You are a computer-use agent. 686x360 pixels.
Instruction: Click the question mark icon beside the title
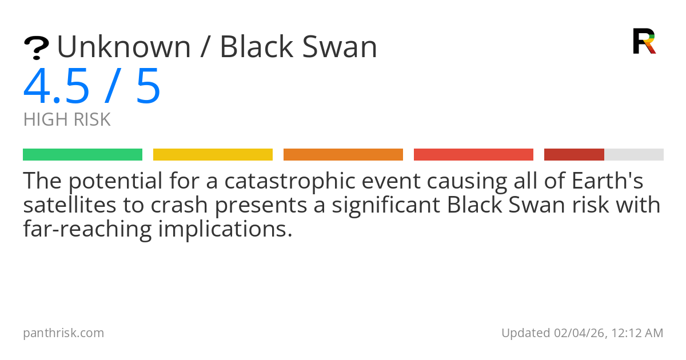(x=36, y=48)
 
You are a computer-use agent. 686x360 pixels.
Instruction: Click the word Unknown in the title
(x=123, y=47)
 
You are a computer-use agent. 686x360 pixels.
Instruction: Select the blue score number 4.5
(x=56, y=86)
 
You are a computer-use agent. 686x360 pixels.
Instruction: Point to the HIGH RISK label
(x=67, y=119)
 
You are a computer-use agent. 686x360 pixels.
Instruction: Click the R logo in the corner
(x=644, y=41)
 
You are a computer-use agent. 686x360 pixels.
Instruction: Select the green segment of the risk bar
(x=82, y=154)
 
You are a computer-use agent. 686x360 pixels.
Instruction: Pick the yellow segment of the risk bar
(x=213, y=154)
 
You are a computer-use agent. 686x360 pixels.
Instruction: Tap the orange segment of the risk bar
(x=343, y=154)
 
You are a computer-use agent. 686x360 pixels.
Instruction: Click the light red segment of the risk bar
(x=473, y=154)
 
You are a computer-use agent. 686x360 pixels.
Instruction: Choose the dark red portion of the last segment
(x=574, y=154)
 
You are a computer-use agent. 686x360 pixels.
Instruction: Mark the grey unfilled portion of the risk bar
(x=634, y=154)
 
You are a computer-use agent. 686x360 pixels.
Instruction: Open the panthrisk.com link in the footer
(x=63, y=333)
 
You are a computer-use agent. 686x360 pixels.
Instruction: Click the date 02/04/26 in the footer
(x=576, y=333)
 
